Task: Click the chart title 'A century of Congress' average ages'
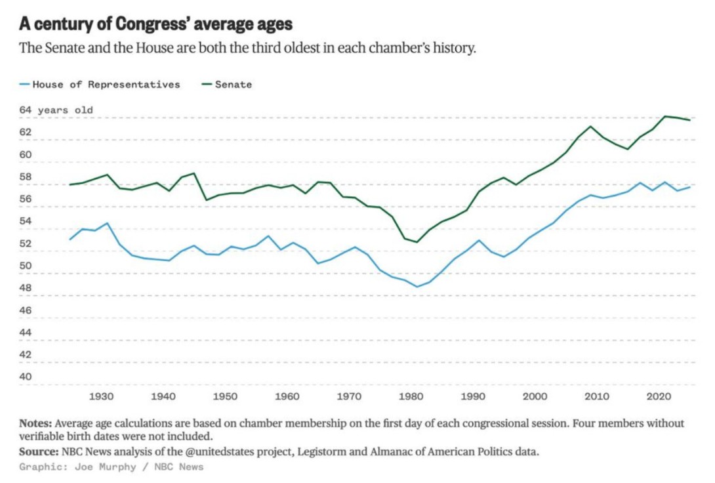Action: tap(155, 24)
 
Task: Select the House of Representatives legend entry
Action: tap(100, 85)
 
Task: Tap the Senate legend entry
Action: tap(226, 85)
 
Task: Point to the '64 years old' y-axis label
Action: tap(56, 110)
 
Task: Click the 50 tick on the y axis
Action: tap(25, 265)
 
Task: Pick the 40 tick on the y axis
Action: tap(25, 377)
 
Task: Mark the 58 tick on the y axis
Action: tap(25, 177)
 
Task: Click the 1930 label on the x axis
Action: tap(101, 396)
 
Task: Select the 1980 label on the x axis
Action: tap(411, 396)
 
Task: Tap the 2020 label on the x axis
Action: tap(659, 396)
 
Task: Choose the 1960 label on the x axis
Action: tap(287, 396)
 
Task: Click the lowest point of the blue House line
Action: tap(417, 286)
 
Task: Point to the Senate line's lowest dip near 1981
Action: tap(417, 241)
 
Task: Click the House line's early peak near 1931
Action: tap(107, 223)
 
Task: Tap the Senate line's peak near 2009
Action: tap(590, 127)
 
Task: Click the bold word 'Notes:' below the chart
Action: tap(35, 423)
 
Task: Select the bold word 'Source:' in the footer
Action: tap(39, 451)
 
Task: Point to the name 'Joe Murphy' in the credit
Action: tap(106, 467)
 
